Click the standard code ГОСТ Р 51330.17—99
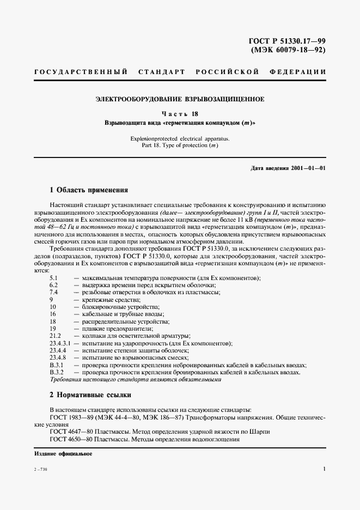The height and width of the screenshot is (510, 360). coord(287,41)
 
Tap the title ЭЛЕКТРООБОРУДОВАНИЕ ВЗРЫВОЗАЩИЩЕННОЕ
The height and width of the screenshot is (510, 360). coord(180,99)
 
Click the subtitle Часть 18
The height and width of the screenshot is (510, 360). coord(180,114)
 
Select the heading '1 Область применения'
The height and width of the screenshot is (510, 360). coord(89,190)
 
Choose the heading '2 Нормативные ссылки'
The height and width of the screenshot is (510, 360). coord(90,394)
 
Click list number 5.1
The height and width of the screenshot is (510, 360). coord(53,278)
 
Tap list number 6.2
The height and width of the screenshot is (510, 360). coord(53,286)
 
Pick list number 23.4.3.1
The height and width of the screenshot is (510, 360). coord(60,343)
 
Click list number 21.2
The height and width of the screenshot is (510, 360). coord(55,336)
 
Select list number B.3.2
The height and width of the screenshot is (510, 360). coord(57,372)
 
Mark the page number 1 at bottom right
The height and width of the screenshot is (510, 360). coord(324,469)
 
